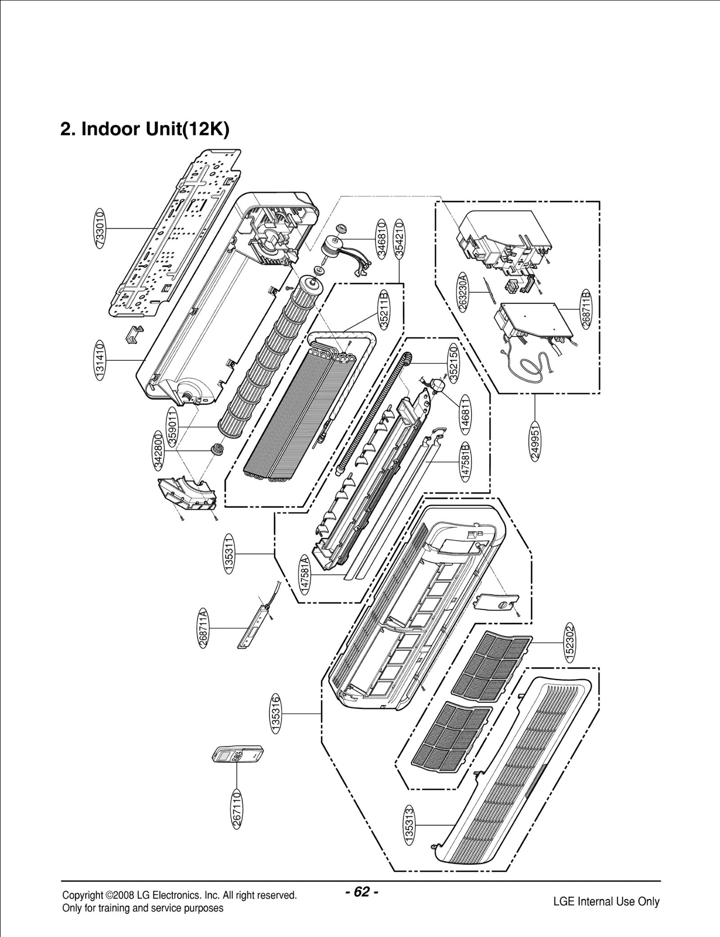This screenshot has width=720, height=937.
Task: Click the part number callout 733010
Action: (100, 229)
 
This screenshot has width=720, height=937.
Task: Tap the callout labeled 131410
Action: (100, 360)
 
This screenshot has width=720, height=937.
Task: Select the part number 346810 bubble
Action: (382, 238)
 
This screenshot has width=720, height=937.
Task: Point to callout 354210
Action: (399, 238)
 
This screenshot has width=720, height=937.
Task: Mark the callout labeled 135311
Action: (229, 553)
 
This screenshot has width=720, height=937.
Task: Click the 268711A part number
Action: (203, 628)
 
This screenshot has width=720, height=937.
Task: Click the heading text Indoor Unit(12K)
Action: (144, 129)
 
